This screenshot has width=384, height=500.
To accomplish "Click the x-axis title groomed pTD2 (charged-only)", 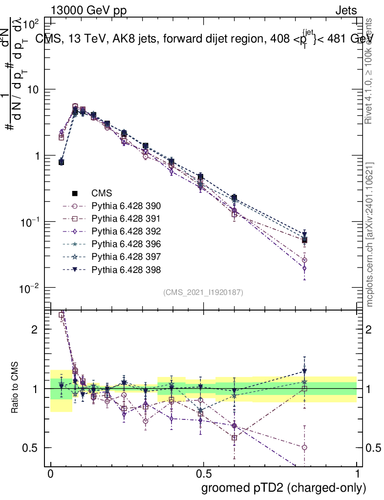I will tap(283, 488).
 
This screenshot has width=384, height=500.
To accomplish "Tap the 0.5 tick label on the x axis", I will tap(203, 475).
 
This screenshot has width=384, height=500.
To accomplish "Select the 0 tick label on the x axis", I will tap(50, 475).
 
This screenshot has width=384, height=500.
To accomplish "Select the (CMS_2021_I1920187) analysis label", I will tap(203, 292).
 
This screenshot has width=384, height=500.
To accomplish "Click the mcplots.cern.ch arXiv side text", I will tap(370, 234).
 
